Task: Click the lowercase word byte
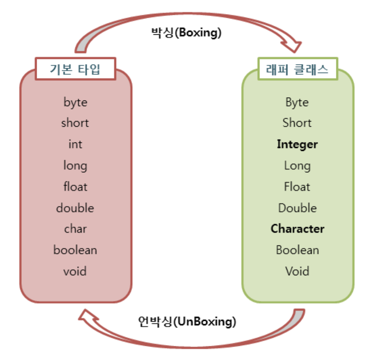(75, 103)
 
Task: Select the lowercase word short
(75, 123)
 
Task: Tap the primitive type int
(75, 144)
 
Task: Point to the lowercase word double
(75, 208)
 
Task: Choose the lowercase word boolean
(75, 250)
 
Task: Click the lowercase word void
(75, 271)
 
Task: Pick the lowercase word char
(75, 229)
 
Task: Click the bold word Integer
(297, 144)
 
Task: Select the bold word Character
(297, 229)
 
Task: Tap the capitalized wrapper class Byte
(297, 103)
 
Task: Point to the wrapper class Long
(297, 165)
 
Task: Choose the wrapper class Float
(297, 187)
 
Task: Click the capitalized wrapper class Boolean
(297, 250)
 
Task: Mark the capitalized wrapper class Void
(297, 271)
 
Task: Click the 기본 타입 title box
(75, 70)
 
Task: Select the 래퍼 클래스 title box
(298, 70)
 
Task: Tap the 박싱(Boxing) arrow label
(186, 33)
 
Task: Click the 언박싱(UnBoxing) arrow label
(186, 322)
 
